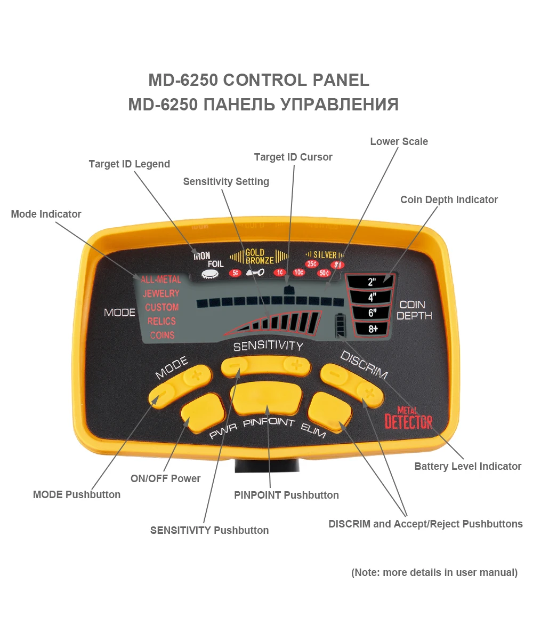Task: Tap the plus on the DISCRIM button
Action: (368, 394)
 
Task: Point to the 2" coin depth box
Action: (372, 282)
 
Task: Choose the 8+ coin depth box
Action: (372, 329)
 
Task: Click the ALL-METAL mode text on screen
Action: (160, 279)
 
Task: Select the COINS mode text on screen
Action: (162, 335)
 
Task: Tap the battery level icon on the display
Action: (339, 325)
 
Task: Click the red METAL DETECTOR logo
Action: (408, 419)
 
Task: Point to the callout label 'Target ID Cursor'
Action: (293, 157)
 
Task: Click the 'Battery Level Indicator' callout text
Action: (468, 466)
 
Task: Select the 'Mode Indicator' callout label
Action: (46, 214)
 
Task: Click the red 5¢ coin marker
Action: (235, 273)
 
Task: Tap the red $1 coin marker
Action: (337, 265)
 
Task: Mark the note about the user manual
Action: (434, 572)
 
